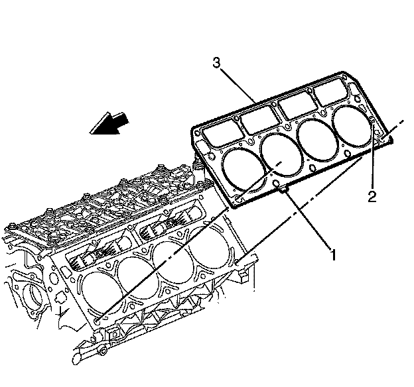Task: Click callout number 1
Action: [x=333, y=252]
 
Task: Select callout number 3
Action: [x=216, y=63]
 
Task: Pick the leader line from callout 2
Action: [x=373, y=159]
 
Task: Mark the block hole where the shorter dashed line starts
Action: [x=100, y=321]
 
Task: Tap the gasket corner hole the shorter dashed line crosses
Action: [x=237, y=197]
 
